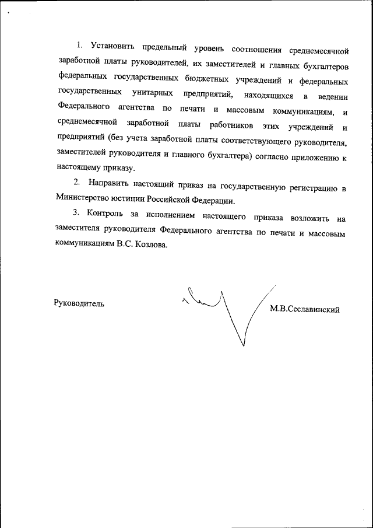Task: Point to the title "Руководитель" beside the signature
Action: [80, 303]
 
